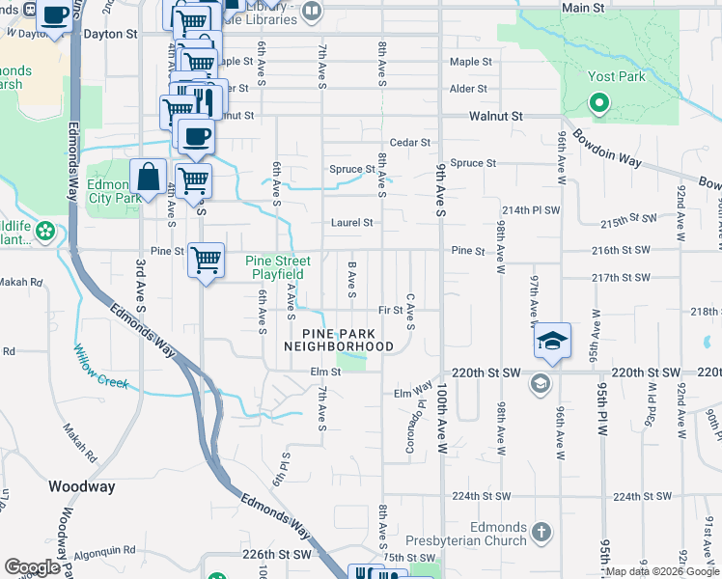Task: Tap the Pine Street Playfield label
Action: [x=278, y=267]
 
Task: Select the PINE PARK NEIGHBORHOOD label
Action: [x=339, y=337]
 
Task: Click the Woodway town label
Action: [x=82, y=486]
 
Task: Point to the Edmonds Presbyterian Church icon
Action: [x=541, y=532]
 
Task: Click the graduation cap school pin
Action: [x=550, y=342]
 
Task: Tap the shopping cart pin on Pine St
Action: [x=207, y=261]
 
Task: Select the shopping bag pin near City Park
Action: [x=148, y=178]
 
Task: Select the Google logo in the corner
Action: [x=32, y=567]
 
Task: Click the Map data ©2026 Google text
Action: [x=662, y=572]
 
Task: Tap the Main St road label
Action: [x=583, y=8]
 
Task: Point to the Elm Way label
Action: [x=412, y=391]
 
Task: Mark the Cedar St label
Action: [x=409, y=142]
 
